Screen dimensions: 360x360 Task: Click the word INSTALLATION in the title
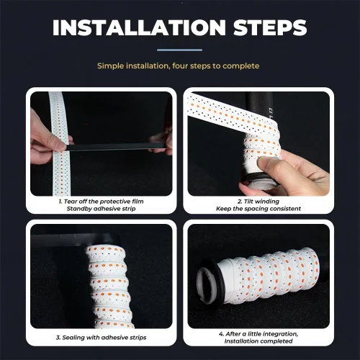pos(139,27)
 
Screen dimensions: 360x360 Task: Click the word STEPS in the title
pos(270,27)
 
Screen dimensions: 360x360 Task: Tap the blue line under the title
pos(179,50)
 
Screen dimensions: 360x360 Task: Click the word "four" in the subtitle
pos(180,66)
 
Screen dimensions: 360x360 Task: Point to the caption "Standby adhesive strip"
pos(101,209)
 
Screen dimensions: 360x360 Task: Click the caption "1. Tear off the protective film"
pos(101,202)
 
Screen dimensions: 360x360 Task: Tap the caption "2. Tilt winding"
pos(258,202)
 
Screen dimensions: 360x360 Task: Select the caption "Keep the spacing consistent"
pos(258,209)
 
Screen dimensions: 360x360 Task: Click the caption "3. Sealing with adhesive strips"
pos(101,338)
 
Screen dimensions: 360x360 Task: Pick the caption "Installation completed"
pos(258,341)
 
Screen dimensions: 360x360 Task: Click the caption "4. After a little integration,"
pos(258,334)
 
